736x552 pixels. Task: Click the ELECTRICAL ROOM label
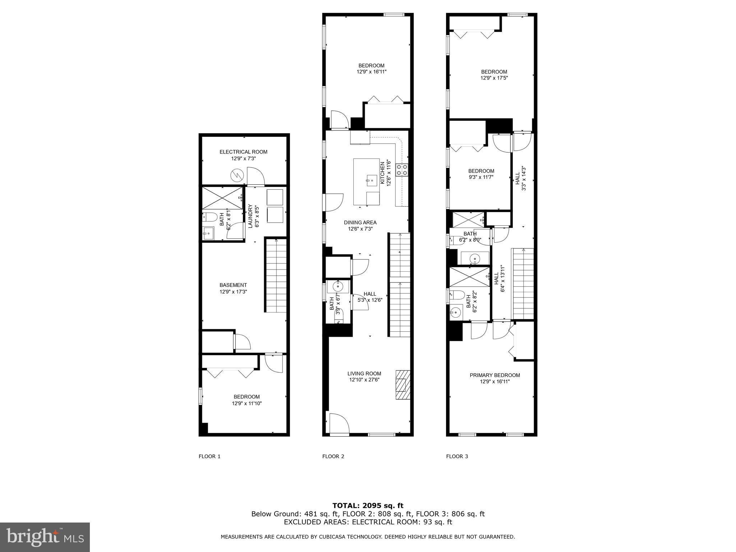(x=243, y=152)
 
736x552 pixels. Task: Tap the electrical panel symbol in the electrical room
(x=237, y=176)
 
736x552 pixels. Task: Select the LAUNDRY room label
(x=250, y=216)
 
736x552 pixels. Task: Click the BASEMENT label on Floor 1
(x=233, y=285)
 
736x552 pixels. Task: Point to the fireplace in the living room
(x=402, y=384)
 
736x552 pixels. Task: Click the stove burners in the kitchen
(x=402, y=170)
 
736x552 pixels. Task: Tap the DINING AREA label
(x=360, y=222)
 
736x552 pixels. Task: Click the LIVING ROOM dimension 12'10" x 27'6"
(x=364, y=380)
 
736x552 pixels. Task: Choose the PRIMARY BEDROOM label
(x=494, y=375)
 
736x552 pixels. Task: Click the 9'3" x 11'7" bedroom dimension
(x=481, y=177)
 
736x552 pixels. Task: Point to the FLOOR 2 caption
(x=333, y=456)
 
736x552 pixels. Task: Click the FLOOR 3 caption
(x=457, y=456)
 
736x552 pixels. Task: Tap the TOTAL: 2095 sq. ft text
(x=368, y=506)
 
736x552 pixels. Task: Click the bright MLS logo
(x=45, y=537)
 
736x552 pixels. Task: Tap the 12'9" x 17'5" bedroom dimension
(x=494, y=78)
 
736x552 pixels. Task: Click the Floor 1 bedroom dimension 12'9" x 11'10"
(x=247, y=404)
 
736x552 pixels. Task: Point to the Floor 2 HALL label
(x=369, y=294)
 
